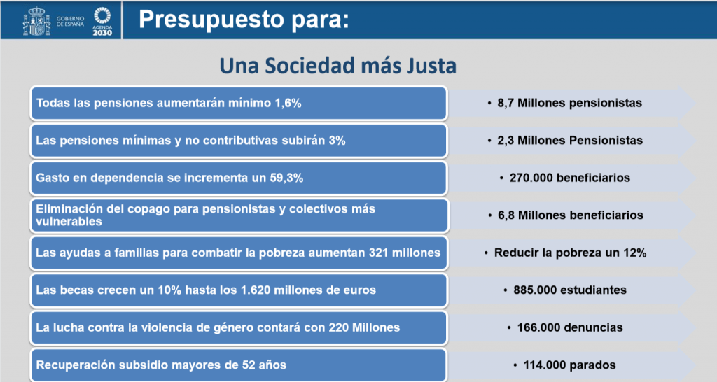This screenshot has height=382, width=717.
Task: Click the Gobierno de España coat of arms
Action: tap(36, 20)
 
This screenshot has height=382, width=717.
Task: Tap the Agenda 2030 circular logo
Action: tap(102, 15)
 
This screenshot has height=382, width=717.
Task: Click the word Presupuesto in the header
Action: tap(211, 20)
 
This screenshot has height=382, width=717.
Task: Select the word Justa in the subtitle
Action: tap(431, 65)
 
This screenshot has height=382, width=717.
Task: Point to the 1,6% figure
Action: tap(288, 104)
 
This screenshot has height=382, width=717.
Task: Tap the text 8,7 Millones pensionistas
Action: tap(570, 103)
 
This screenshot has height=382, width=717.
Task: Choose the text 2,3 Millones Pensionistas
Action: tap(570, 141)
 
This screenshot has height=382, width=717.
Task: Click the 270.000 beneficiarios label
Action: tap(570, 178)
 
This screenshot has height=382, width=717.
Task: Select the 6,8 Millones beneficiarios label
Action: tap(571, 215)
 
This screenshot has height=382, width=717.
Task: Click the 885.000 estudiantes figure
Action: tap(570, 290)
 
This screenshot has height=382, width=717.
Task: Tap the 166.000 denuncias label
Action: tap(570, 327)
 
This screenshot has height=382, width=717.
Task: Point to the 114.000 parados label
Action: tap(570, 365)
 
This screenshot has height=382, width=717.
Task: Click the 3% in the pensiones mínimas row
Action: tap(337, 141)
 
